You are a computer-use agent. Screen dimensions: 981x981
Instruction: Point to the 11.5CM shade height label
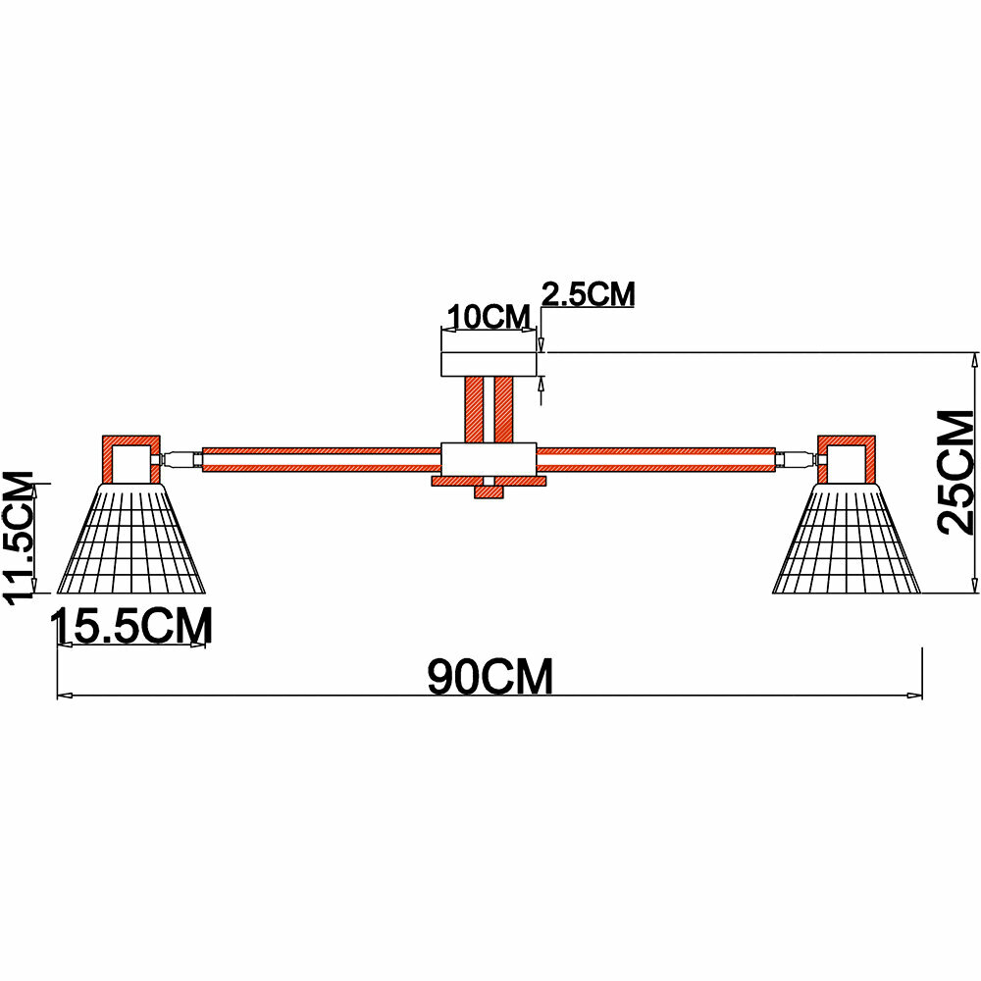coord(22,538)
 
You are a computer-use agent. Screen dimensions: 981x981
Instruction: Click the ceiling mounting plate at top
coord(490,363)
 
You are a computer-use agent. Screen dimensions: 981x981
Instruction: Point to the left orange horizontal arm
coord(321,458)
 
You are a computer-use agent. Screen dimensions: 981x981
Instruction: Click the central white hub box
coord(489,459)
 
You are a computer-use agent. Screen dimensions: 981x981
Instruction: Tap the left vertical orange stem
coord(474,409)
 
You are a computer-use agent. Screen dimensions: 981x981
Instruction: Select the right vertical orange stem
coord(504,409)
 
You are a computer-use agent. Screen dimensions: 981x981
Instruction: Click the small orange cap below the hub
coord(488,490)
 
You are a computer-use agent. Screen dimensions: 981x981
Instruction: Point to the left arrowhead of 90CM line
coord(64,697)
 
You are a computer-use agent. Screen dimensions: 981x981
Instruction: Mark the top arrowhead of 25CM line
coord(974,358)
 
